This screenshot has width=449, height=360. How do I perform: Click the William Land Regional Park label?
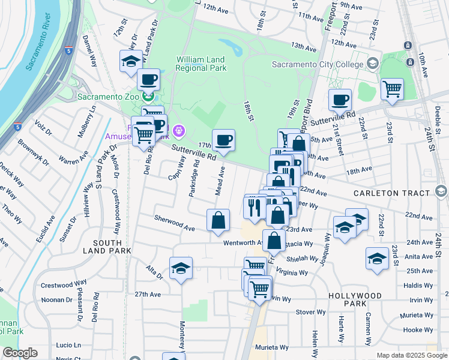coord(201,64)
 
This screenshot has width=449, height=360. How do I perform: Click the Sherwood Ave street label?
coord(175,223)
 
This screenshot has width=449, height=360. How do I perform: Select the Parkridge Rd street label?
coord(194,178)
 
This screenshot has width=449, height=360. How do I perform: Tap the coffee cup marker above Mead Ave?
coord(223,140)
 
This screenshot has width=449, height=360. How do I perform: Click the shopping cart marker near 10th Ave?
coord(392,89)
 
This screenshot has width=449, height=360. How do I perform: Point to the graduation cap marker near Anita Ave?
coord(377,257)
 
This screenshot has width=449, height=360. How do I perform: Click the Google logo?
coord(20,353)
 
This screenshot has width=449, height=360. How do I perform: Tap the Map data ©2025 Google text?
coord(411,355)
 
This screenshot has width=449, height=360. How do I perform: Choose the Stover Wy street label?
coord(310,312)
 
